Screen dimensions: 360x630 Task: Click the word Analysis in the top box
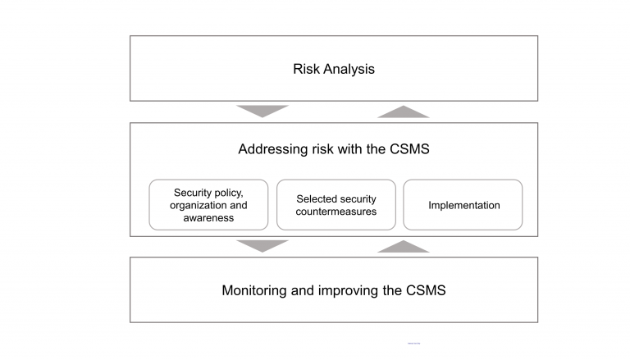(348, 69)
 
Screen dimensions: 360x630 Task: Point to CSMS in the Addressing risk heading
(407, 149)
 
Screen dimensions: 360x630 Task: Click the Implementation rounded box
(463, 205)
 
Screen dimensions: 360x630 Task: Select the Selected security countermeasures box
(336, 205)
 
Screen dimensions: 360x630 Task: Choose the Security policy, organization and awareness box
(208, 205)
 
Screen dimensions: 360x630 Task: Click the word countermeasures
(336, 212)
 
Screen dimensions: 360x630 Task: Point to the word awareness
(208, 218)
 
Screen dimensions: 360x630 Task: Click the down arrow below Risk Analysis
(262, 111)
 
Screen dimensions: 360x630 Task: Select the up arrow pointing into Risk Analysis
(403, 112)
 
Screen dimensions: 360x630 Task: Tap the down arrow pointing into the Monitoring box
(262, 245)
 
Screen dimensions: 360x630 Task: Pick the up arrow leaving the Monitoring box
(403, 246)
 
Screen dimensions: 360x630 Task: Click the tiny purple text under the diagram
(413, 343)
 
